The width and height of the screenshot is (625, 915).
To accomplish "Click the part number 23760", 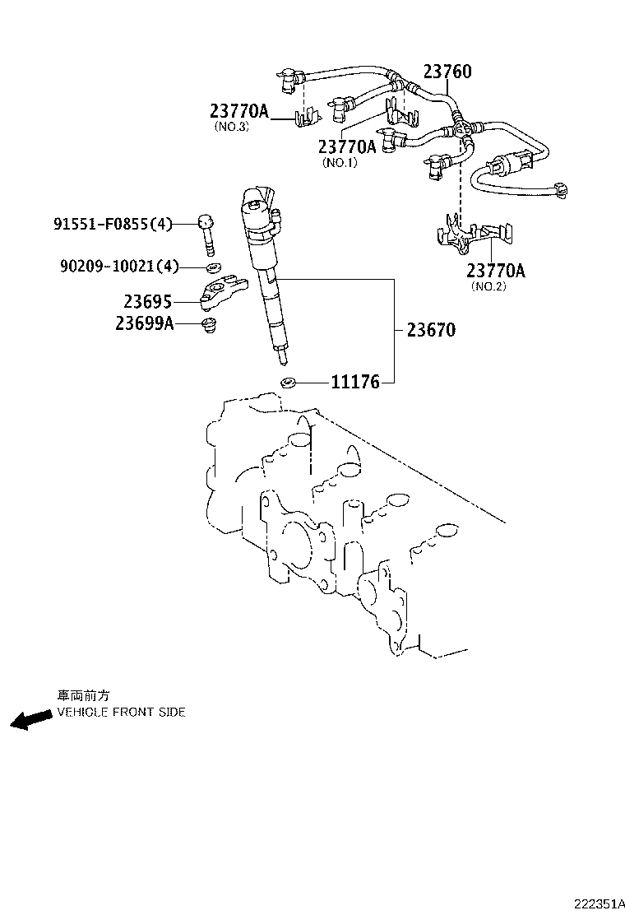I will point(447,72).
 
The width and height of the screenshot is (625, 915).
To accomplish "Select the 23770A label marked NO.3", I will point(238,111).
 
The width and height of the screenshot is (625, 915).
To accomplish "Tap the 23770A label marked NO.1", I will point(347,146).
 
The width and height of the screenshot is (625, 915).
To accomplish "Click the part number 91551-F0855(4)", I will point(113,223).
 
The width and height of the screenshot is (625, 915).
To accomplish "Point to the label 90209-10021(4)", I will point(118,266).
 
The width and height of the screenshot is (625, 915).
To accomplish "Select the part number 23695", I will point(148,302).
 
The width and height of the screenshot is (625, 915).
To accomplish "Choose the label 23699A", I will point(145,323).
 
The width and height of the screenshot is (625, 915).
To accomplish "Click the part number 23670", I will point(431,331).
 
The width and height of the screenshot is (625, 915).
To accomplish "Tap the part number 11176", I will point(355,382).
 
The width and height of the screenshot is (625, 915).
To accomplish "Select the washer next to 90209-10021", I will point(212,267).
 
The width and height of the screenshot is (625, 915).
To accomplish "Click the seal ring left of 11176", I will point(288,382).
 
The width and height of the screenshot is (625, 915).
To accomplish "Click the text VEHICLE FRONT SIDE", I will point(121,712).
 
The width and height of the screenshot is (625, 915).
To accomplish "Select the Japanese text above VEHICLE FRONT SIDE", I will point(82,695).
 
